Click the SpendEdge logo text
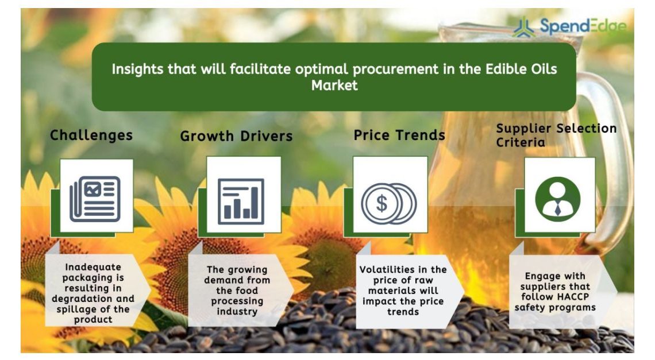(583, 26)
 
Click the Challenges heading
(91, 136)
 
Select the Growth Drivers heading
(237, 136)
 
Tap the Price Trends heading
(399, 135)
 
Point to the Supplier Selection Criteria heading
(556, 135)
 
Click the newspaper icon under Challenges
(95, 199)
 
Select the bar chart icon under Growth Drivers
(241, 202)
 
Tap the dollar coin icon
(388, 204)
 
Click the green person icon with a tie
(558, 199)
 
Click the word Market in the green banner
(334, 86)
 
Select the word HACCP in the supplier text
(572, 297)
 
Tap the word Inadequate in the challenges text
(93, 268)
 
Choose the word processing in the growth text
(237, 301)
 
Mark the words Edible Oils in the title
(521, 69)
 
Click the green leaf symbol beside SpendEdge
(524, 28)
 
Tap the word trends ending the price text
(403, 312)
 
